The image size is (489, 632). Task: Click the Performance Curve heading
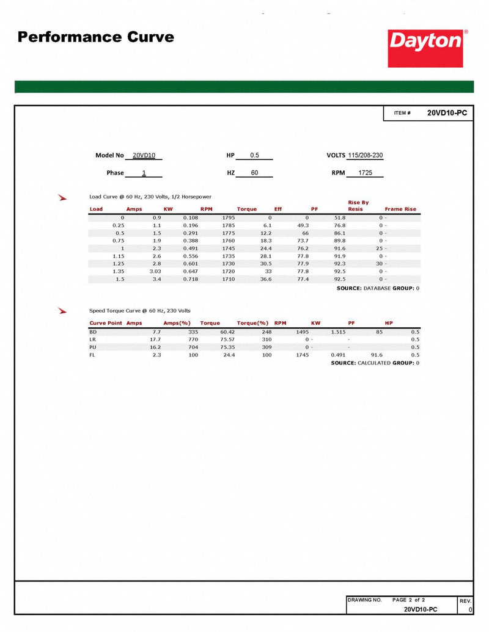(x=96, y=37)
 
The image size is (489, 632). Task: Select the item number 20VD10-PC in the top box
(x=446, y=113)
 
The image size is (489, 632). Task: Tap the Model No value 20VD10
(x=144, y=156)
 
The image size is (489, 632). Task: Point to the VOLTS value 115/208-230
(x=365, y=156)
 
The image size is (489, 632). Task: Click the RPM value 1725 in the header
(x=366, y=173)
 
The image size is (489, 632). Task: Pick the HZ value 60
(x=254, y=173)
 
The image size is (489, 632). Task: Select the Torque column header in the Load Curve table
(x=247, y=209)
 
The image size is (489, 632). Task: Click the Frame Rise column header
(x=400, y=209)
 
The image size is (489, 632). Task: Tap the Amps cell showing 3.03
(x=155, y=271)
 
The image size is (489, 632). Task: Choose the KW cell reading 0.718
(x=191, y=278)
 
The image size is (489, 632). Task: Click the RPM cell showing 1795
(x=228, y=217)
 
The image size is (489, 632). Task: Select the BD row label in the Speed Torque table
(x=93, y=331)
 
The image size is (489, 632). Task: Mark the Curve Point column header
(x=106, y=322)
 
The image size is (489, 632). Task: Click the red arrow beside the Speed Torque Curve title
(x=62, y=311)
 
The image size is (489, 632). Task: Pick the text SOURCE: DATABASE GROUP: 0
(x=378, y=288)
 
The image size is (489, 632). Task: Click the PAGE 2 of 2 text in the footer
(x=417, y=600)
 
